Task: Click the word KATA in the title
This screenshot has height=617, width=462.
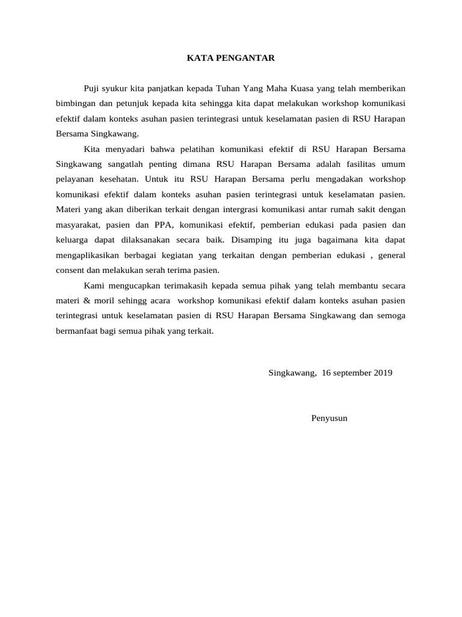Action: pos(197,58)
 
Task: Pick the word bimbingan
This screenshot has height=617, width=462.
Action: pos(73,102)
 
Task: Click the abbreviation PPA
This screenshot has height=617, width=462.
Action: pos(164,225)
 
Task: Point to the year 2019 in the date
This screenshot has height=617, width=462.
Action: pos(383,372)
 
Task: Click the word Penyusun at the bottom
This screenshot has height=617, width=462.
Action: pos(329,418)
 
